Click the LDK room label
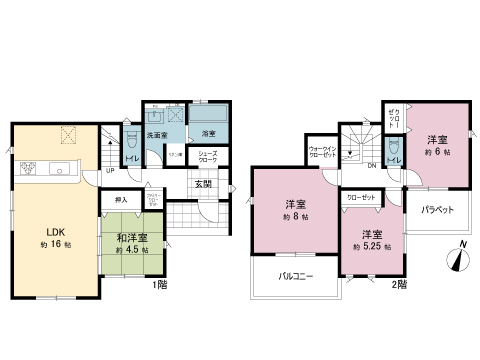(53, 231)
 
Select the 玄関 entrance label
(201, 184)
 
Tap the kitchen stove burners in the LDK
(24, 167)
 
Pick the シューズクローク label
(209, 157)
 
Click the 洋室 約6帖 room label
(437, 139)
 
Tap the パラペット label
(437, 211)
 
